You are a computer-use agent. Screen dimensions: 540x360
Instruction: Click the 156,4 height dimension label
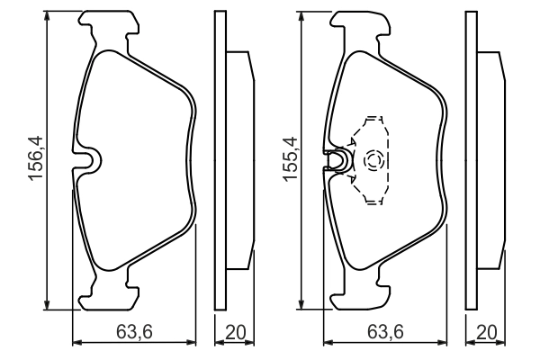(x=36, y=158)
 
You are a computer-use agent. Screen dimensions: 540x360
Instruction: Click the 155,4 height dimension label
(x=290, y=158)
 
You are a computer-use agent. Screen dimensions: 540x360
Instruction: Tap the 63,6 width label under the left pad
(x=134, y=332)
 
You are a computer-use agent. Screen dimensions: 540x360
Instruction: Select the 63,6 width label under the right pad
(x=385, y=332)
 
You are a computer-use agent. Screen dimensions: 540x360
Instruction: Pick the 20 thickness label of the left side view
(x=236, y=332)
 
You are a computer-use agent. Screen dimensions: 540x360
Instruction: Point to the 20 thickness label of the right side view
(x=487, y=332)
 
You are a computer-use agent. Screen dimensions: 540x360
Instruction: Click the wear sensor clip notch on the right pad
(x=338, y=160)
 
